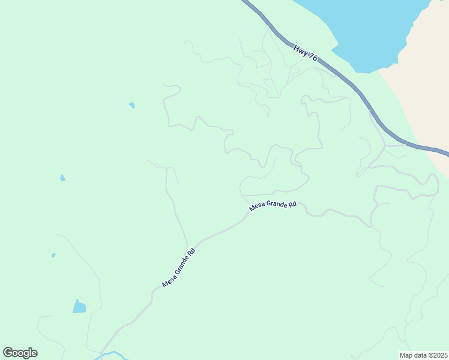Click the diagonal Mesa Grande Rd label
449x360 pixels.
pos(178,267)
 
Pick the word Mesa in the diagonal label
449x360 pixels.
pos(169,278)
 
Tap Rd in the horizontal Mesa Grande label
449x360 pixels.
pos(292,204)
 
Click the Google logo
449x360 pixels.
pos(20,353)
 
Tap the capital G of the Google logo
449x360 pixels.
pos(8,352)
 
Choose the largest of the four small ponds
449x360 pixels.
pos(79,307)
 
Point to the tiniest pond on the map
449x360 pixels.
pos(53,255)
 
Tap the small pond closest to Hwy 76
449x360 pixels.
pos(131,106)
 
